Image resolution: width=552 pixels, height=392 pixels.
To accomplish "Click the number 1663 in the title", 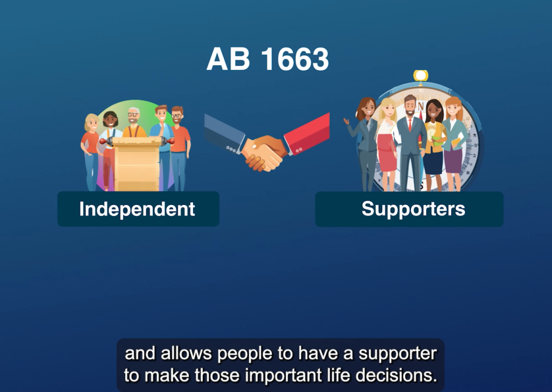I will click(x=295, y=60).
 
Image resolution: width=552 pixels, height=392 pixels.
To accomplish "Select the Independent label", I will click(x=137, y=209).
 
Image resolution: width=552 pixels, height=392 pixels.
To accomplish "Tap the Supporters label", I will click(x=413, y=209).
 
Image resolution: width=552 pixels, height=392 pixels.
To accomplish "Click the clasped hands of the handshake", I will click(x=264, y=153).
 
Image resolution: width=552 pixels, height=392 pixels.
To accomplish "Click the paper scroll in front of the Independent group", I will click(x=137, y=165).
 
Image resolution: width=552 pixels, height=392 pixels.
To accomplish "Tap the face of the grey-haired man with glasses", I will click(x=134, y=117).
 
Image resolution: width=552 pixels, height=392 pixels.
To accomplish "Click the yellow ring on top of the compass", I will click(x=421, y=75).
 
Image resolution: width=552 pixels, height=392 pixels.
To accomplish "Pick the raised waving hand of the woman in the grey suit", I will click(x=346, y=123).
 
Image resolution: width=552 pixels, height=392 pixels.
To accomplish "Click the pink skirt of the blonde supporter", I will click(x=387, y=158).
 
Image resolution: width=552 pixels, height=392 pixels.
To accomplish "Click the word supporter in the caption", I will click(x=400, y=353).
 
